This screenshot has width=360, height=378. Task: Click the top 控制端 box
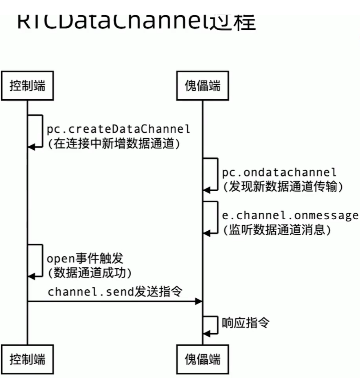click(27, 86)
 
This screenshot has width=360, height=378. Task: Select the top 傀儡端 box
click(202, 86)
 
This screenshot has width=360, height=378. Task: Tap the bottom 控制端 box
click(27, 359)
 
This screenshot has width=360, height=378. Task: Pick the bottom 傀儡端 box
click(202, 359)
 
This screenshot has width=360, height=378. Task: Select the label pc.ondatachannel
click(279, 172)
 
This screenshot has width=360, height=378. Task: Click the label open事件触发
click(85, 259)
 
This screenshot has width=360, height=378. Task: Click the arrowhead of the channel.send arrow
click(198, 301)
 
